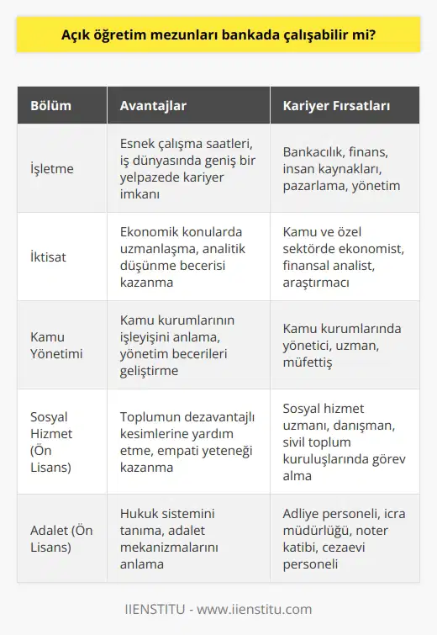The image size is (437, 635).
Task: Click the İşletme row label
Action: pos(52,167)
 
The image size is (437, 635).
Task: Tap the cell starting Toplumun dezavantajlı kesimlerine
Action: pos(185,440)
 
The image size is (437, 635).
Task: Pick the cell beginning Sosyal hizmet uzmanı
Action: pos(344,440)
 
